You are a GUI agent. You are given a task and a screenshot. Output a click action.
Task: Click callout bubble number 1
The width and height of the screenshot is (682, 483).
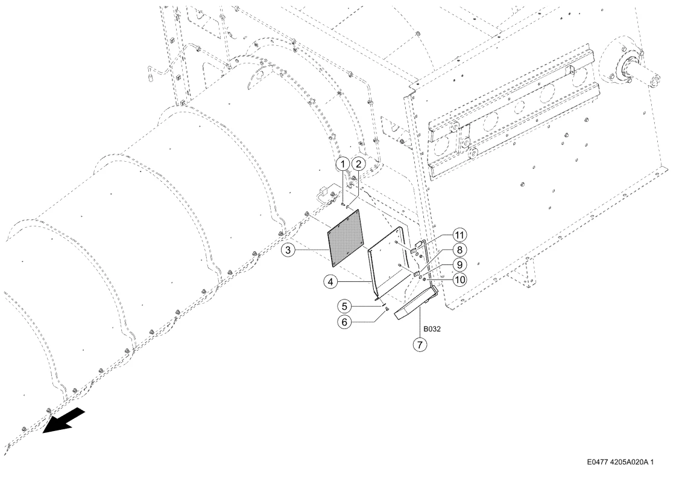click(343, 164)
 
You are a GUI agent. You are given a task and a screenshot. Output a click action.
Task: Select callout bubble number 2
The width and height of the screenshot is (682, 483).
click(358, 164)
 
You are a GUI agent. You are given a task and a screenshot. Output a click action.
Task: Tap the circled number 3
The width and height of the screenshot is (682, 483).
click(288, 250)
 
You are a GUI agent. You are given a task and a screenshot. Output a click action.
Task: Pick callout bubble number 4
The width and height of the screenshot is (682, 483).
click(330, 282)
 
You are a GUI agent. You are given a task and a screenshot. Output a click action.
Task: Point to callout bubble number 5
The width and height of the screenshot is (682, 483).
click(344, 307)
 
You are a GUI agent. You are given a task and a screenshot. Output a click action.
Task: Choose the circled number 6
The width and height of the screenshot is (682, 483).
click(344, 322)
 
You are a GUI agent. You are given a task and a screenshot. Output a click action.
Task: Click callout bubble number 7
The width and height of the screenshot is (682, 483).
click(420, 345)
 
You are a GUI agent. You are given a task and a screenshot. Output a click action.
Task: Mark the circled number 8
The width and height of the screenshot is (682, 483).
click(459, 250)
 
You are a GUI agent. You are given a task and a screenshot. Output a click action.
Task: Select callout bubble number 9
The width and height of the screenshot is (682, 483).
click(459, 264)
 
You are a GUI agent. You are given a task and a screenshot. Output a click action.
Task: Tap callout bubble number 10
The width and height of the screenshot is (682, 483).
click(459, 279)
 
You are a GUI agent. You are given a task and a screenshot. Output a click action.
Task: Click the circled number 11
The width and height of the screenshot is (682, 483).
click(459, 235)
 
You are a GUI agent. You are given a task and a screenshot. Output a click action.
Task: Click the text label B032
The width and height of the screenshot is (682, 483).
click(432, 329)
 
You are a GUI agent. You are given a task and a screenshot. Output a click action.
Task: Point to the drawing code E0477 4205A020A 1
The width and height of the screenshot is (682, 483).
click(620, 462)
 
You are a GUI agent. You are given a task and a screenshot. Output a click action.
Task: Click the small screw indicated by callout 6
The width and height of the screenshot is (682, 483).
click(385, 309)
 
